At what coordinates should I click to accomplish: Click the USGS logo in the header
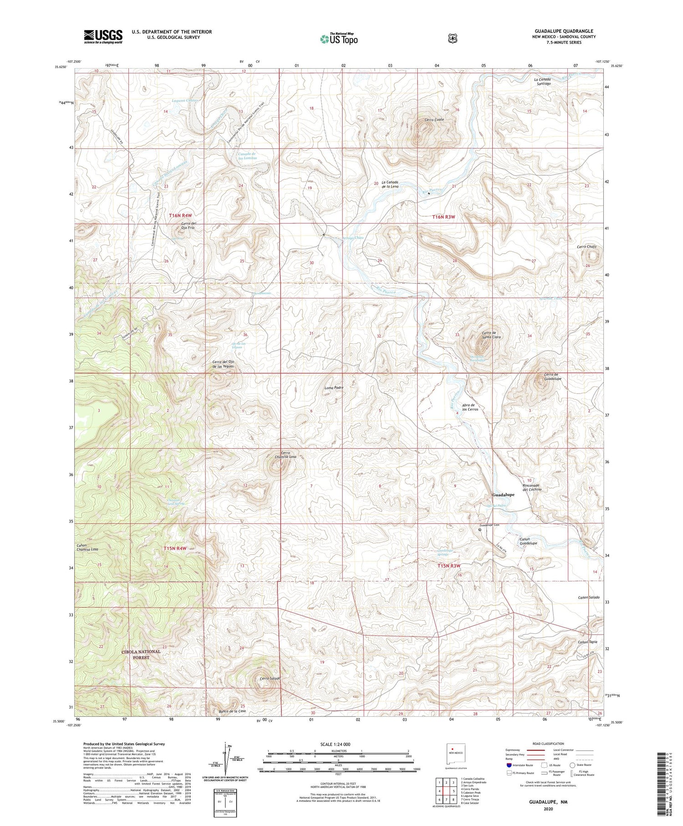coord(103,36)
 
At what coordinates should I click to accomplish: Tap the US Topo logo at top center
coord(339,39)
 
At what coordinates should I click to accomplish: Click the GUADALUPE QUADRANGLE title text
coord(564,31)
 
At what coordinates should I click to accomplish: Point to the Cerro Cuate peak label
coord(434,120)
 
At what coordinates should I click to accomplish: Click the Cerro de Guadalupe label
coord(553,377)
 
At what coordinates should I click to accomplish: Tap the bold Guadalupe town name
coord(503,495)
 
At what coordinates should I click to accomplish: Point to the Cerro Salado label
coord(270,679)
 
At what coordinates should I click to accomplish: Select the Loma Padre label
coord(333,388)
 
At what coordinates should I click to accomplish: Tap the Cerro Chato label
coord(586,246)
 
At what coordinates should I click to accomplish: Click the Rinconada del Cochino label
coord(532,487)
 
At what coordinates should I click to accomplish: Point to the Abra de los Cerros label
coord(469,407)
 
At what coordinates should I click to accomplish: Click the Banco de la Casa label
coord(232,711)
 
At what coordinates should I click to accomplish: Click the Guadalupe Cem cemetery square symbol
coord(479,530)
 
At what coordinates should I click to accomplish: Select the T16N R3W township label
coord(443,217)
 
